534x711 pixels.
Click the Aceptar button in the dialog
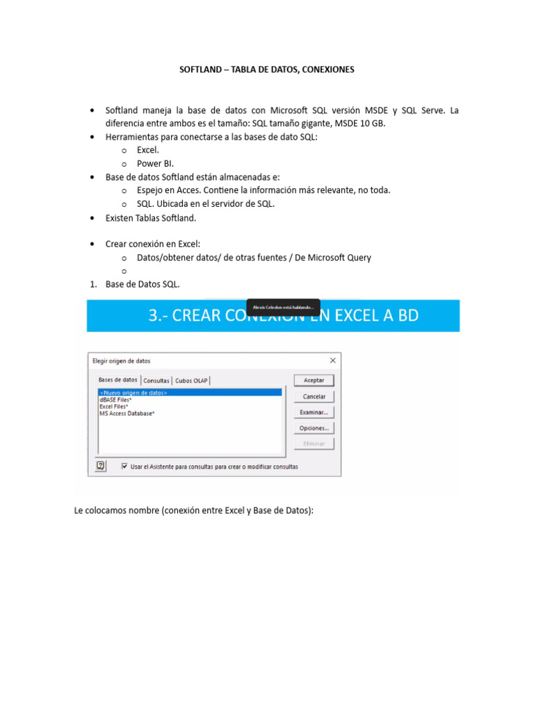pos(314,380)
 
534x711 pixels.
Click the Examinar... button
pos(314,412)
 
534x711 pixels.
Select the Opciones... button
pos(314,428)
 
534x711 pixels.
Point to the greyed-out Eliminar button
pos(314,444)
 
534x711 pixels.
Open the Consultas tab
pos(156,380)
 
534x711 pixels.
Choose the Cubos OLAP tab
pos(191,380)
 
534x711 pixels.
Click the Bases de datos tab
pos(118,380)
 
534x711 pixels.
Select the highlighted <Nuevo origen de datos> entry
pos(133,392)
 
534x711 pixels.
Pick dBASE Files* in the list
pos(115,399)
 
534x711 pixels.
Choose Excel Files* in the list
pos(114,406)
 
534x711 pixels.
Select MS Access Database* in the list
pos(127,413)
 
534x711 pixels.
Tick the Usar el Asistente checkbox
pos(124,467)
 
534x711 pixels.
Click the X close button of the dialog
pos(332,360)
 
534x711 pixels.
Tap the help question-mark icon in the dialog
pos(101,467)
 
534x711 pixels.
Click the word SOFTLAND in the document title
pos(198,70)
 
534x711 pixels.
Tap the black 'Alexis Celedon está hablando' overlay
pos(283,308)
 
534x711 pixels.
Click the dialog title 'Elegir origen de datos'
pos(121,361)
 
